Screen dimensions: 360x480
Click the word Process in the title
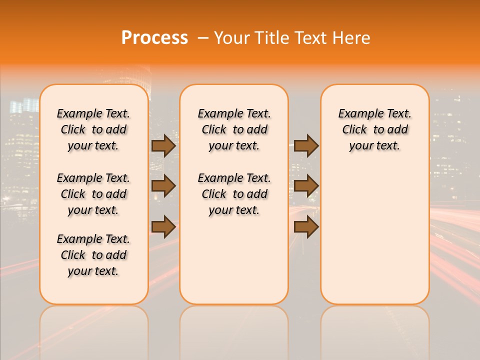click(x=154, y=38)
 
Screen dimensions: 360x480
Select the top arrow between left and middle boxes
click(x=163, y=145)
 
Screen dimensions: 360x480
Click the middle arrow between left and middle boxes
click(x=163, y=186)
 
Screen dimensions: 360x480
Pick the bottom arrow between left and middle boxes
click(x=163, y=226)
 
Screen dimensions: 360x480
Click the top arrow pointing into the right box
click(x=306, y=145)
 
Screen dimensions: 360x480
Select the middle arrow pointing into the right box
click(x=306, y=186)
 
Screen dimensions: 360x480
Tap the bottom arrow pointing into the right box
click(x=306, y=226)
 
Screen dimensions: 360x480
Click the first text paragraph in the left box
click(x=93, y=129)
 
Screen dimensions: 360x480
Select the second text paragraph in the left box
click(x=93, y=194)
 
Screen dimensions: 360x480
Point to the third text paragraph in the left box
click(x=93, y=255)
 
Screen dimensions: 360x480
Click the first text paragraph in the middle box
click(x=234, y=129)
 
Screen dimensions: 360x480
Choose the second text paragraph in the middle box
click(x=234, y=194)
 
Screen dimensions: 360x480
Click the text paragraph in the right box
click(x=374, y=129)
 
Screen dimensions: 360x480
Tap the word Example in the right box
click(x=357, y=114)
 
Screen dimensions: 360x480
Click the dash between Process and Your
click(x=202, y=38)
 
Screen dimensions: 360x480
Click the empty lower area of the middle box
click(x=234, y=260)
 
